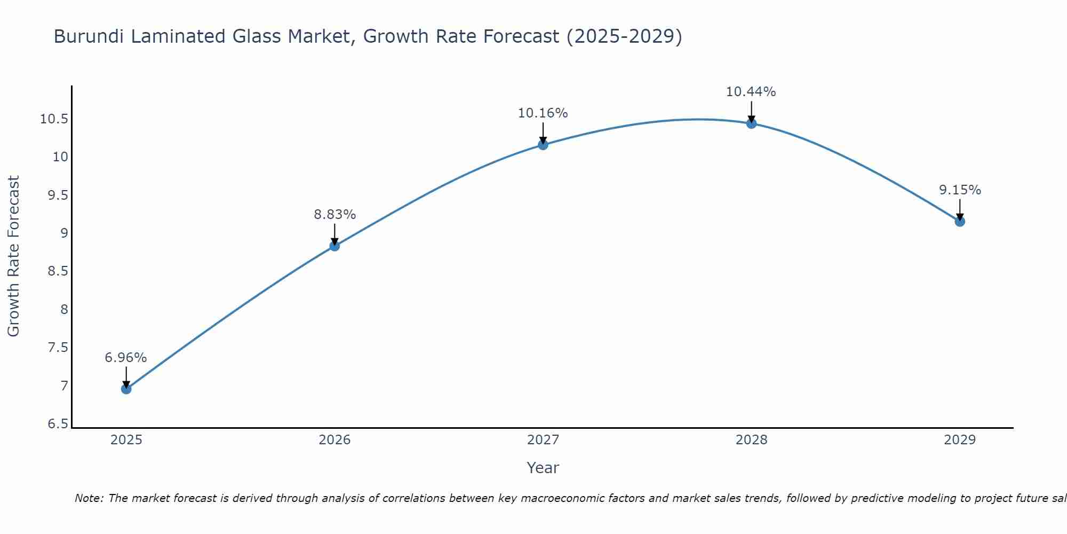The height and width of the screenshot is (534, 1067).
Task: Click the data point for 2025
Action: (126, 389)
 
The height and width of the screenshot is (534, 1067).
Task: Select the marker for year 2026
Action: (335, 246)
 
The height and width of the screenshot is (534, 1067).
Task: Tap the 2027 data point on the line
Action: (543, 145)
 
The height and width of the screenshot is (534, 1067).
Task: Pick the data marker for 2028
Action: (751, 123)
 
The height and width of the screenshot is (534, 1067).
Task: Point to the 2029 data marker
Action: (960, 222)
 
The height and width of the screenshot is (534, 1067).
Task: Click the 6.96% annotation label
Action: (125, 358)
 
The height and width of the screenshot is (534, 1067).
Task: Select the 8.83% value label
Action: (335, 215)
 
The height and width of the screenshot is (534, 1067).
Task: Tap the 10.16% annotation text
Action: (543, 113)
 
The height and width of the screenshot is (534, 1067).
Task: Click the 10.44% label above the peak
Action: (751, 92)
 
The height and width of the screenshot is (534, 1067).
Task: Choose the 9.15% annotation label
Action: (960, 190)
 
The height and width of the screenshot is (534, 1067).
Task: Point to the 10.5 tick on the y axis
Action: (54, 119)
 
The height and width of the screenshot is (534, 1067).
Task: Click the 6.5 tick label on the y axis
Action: (58, 425)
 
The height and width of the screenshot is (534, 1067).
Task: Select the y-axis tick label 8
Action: (64, 310)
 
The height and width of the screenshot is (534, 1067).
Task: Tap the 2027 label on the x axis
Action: (543, 440)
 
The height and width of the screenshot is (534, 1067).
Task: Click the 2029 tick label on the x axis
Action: (960, 440)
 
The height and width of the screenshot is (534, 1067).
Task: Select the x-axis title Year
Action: (543, 468)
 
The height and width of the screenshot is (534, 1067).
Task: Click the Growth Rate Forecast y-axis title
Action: (13, 256)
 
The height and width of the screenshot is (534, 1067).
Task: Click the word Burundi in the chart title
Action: (89, 37)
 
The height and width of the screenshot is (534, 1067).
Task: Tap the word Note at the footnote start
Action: (89, 498)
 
